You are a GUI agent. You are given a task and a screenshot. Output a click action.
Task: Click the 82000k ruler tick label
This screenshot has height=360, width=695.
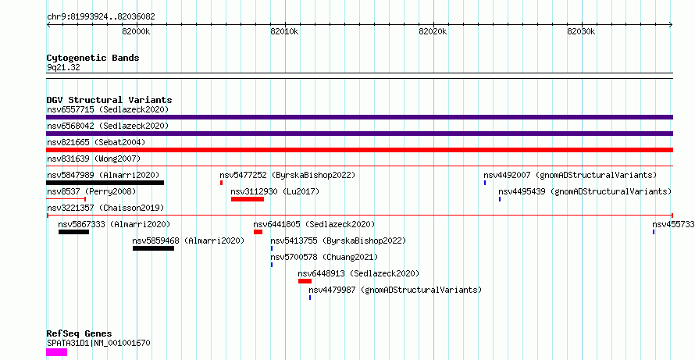[136, 32]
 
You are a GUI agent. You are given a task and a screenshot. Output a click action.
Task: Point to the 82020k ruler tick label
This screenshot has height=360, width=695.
[433, 32]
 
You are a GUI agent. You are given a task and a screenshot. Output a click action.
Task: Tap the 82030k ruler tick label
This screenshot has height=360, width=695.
[581, 32]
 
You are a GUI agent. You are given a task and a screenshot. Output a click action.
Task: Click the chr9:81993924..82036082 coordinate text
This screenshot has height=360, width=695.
[101, 17]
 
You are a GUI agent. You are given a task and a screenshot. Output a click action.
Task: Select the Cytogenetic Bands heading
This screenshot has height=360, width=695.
[93, 58]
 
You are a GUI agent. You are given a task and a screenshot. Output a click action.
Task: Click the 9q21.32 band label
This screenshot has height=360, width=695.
[63, 68]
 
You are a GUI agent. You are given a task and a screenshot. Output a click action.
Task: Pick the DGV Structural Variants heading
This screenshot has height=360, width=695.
[109, 100]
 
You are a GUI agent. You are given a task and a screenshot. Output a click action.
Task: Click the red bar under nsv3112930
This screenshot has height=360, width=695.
[248, 199]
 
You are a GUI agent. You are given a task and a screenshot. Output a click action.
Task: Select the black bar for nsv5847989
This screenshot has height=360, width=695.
[105, 183]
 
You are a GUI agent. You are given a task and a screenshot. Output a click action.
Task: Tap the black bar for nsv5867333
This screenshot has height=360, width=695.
[73, 232]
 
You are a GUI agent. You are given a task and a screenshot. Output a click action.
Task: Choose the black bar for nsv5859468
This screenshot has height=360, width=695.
[153, 248]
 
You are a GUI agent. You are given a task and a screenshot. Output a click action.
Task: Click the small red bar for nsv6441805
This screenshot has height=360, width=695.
[258, 232]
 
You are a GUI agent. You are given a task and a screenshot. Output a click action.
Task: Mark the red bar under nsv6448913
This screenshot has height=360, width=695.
[305, 281]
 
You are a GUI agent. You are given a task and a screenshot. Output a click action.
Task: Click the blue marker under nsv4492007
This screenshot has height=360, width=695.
[485, 183]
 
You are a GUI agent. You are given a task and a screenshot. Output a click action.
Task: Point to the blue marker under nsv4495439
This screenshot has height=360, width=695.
[500, 199]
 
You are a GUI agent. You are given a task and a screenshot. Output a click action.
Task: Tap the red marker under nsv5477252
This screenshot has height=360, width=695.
[221, 183]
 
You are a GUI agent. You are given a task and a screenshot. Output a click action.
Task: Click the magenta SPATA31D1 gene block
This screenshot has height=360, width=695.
[57, 352]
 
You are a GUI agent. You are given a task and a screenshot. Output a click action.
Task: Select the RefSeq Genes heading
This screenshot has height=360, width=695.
[80, 333]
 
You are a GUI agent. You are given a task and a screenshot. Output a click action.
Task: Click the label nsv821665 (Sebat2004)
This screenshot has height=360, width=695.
[96, 142]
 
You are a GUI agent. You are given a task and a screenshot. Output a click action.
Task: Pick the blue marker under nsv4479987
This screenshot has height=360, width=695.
[310, 298]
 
